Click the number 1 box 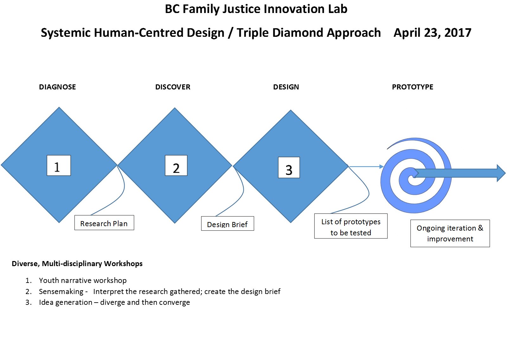click(x=59, y=166)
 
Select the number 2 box click(x=176, y=166)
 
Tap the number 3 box click(x=289, y=167)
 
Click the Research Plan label click(x=104, y=223)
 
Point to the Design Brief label click(x=228, y=224)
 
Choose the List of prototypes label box click(x=351, y=226)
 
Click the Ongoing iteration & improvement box click(x=450, y=233)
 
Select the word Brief click(x=240, y=225)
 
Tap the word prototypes click(x=362, y=222)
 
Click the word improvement click(x=450, y=239)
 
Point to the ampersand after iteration click(x=481, y=228)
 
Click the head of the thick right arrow click(x=501, y=173)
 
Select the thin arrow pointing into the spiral click(x=366, y=166)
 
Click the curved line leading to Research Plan click(x=124, y=187)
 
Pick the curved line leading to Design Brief click(x=243, y=190)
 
